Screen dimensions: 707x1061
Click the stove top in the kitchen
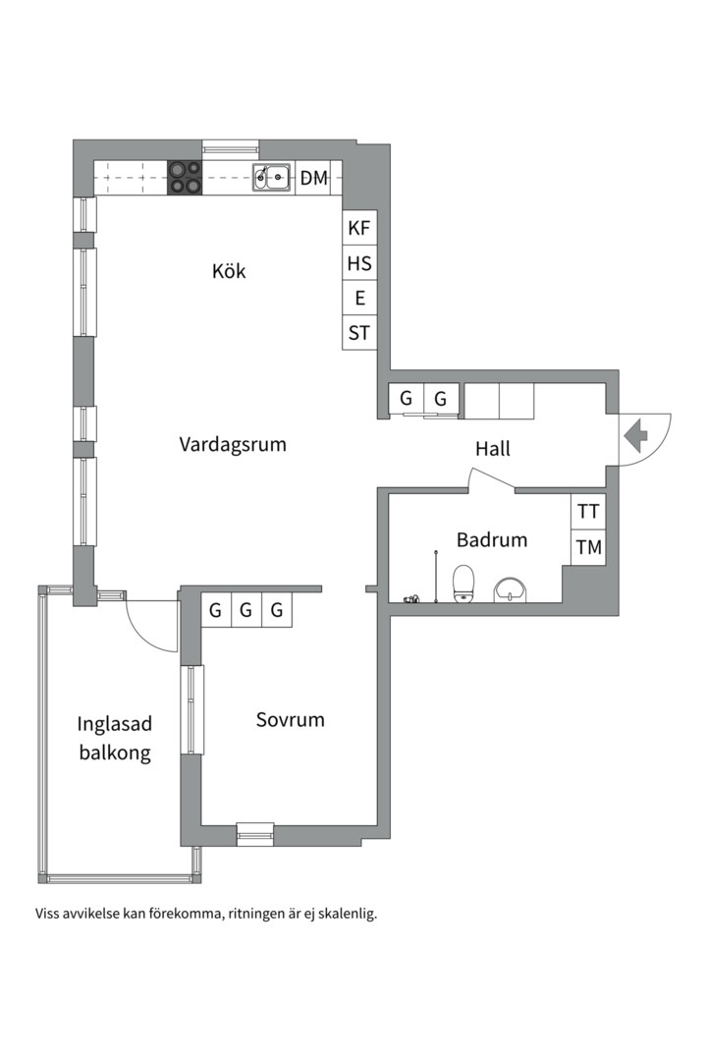click(185, 177)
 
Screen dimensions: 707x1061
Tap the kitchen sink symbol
click(272, 177)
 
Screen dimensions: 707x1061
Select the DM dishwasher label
click(314, 178)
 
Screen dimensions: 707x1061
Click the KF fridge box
click(359, 228)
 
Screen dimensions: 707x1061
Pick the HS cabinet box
click(359, 263)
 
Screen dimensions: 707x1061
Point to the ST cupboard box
click(359, 333)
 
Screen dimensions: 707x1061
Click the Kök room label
click(229, 271)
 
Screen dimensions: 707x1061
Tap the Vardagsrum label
click(233, 445)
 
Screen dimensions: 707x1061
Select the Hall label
click(493, 449)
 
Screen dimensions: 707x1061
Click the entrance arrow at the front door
click(635, 436)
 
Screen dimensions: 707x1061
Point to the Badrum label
click(492, 540)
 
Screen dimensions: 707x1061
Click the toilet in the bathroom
click(464, 584)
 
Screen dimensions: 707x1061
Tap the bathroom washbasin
click(511, 589)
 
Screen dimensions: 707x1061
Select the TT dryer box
click(588, 512)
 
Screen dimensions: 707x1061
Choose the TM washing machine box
click(588, 547)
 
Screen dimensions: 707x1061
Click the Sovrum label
click(291, 719)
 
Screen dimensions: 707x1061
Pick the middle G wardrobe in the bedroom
click(246, 610)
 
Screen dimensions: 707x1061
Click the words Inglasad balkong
click(114, 738)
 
